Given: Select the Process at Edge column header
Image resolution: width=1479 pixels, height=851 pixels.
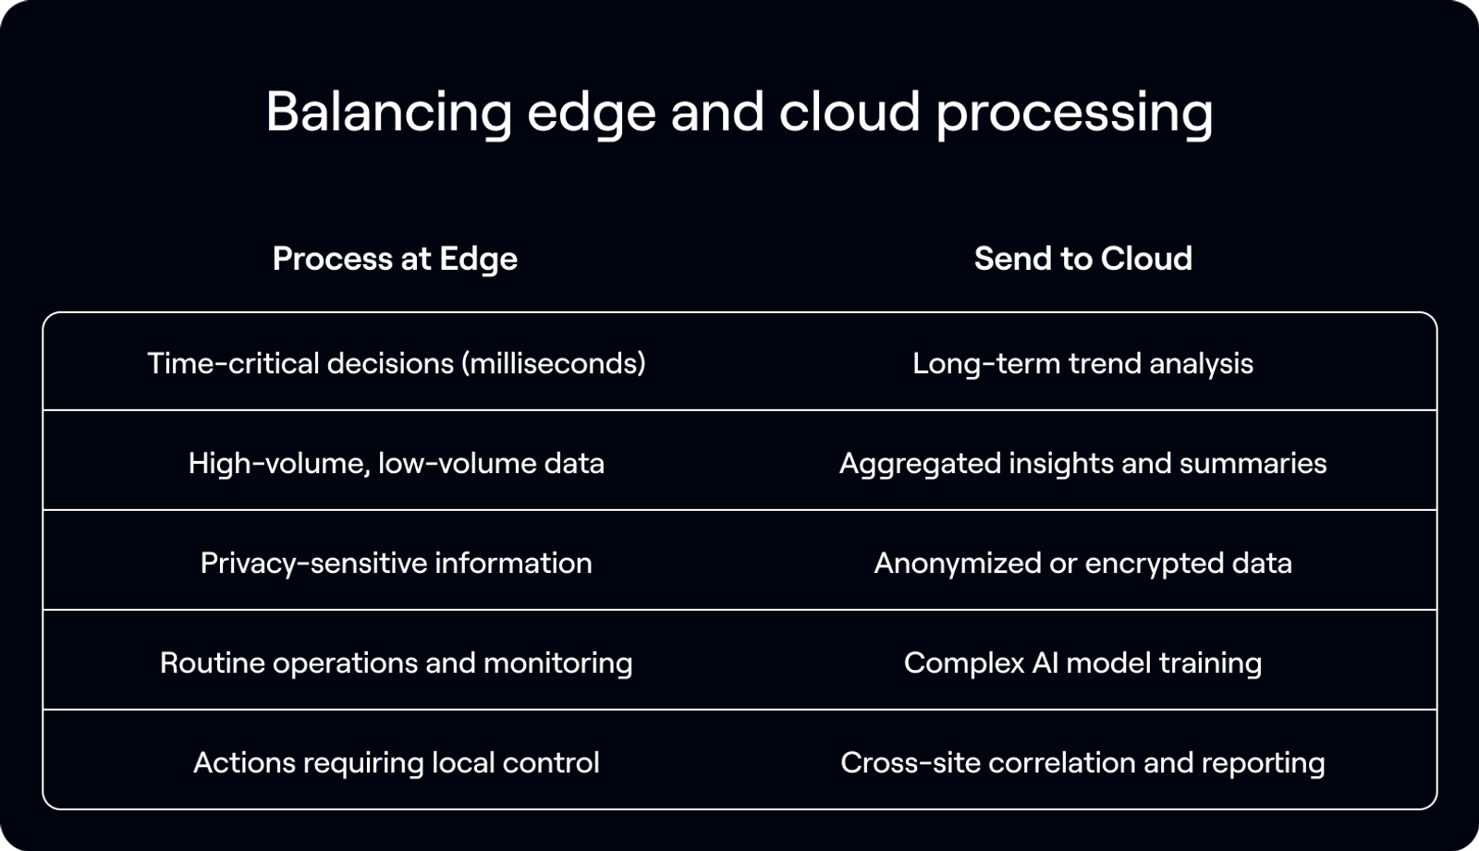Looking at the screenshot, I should coord(395,259).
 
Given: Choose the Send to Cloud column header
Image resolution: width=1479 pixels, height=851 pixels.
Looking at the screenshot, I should coord(1082,259).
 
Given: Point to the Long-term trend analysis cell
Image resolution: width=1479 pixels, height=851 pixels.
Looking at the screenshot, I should coord(1082,363).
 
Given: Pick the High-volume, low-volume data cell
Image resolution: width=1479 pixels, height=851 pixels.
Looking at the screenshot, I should coord(396,463).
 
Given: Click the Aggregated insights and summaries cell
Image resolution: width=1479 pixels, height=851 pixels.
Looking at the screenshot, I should coord(1082,463).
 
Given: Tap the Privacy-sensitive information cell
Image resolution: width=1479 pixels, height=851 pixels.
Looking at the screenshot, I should coord(396,563).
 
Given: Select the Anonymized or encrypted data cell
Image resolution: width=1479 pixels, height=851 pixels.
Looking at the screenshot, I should coord(1082,563).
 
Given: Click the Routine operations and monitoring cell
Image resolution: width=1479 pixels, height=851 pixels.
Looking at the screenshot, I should coord(396,663).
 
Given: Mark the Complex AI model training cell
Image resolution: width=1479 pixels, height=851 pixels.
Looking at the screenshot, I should coord(1082,663).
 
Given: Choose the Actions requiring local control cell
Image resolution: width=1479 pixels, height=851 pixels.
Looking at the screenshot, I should coord(396,762).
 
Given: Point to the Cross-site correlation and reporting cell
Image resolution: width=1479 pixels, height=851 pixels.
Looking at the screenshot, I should coord(1082,762).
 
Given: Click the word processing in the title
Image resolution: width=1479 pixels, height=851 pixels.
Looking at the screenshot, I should coord(1074,113).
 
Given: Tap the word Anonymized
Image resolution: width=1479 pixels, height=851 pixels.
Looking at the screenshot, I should coord(958,563).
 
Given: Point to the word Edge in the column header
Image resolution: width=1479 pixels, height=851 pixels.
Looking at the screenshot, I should coord(478,260).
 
